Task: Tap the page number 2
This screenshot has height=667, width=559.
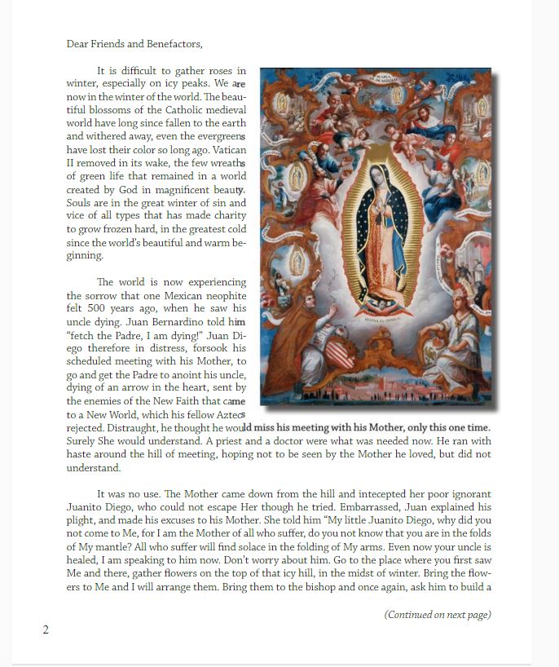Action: coord(46,629)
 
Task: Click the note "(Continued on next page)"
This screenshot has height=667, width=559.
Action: coord(438,615)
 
